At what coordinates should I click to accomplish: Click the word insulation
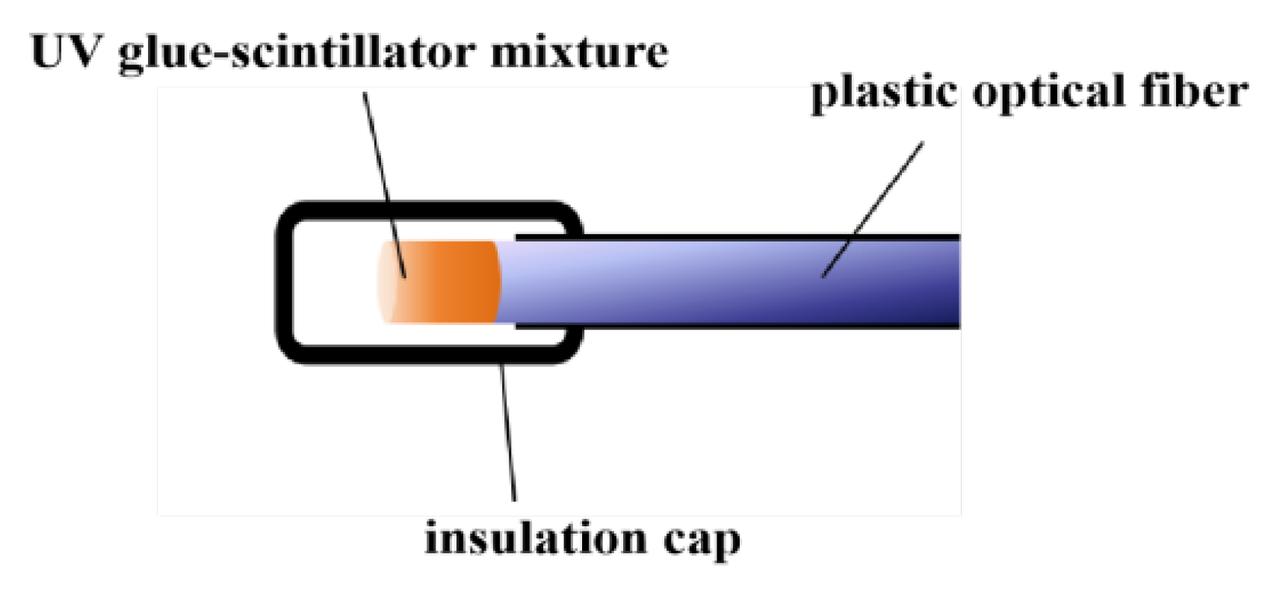point(535,539)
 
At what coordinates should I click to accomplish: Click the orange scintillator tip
point(448,282)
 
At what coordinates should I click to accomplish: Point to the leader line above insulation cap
point(509,434)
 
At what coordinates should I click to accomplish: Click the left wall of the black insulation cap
point(285,282)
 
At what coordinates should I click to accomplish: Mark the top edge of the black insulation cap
point(426,210)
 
